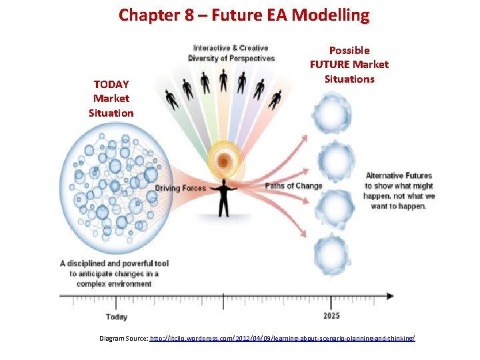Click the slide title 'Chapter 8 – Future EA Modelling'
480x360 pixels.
pos(243,15)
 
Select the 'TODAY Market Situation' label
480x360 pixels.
pos(111,99)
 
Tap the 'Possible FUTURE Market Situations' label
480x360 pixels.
pos(349,65)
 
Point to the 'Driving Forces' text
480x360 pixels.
pos(180,188)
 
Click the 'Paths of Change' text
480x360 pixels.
pos(293,186)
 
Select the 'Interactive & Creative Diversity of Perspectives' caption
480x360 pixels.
pos(231,53)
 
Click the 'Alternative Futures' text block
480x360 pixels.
pos(399,191)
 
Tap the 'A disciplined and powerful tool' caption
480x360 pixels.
pos(114,273)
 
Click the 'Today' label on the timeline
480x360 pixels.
pos(117,317)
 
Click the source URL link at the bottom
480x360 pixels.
pos(283,339)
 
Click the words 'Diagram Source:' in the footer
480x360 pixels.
pos(123,339)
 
